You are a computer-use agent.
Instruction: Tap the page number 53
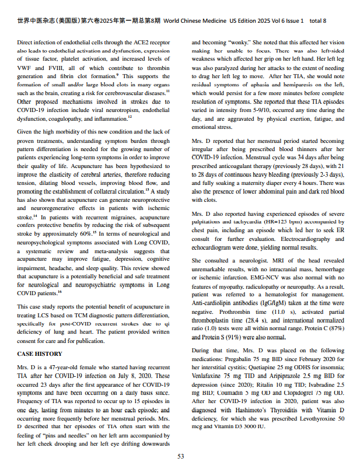pos(181,456)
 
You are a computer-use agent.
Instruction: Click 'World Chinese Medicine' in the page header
pos(197,21)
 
